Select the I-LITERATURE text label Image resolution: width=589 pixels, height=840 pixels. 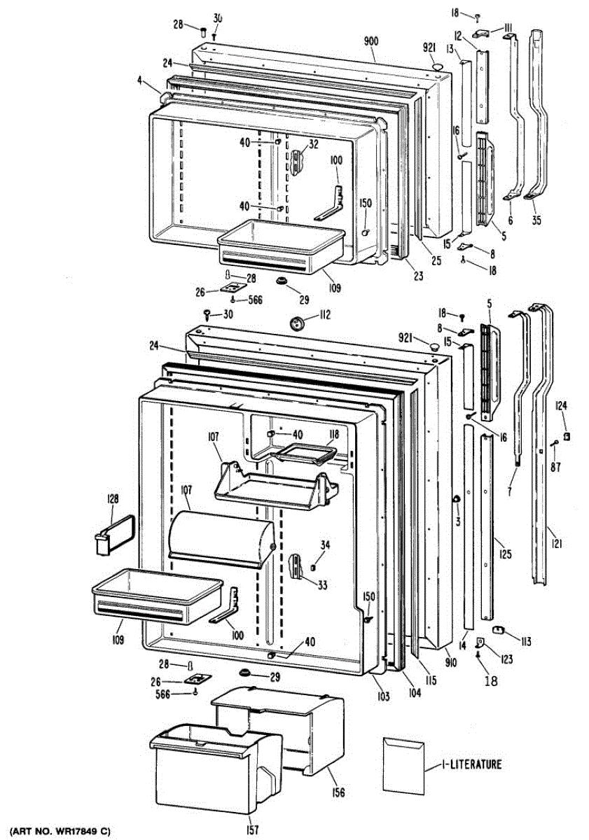point(471,764)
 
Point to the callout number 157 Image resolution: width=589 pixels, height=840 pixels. point(252,830)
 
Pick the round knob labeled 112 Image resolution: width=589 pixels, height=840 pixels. point(299,324)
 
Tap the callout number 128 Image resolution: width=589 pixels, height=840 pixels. point(112,499)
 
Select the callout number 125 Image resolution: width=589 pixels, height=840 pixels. point(505,555)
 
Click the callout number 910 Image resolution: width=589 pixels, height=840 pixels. point(450,661)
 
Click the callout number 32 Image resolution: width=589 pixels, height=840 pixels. point(313,145)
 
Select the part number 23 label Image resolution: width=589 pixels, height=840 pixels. point(418,276)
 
